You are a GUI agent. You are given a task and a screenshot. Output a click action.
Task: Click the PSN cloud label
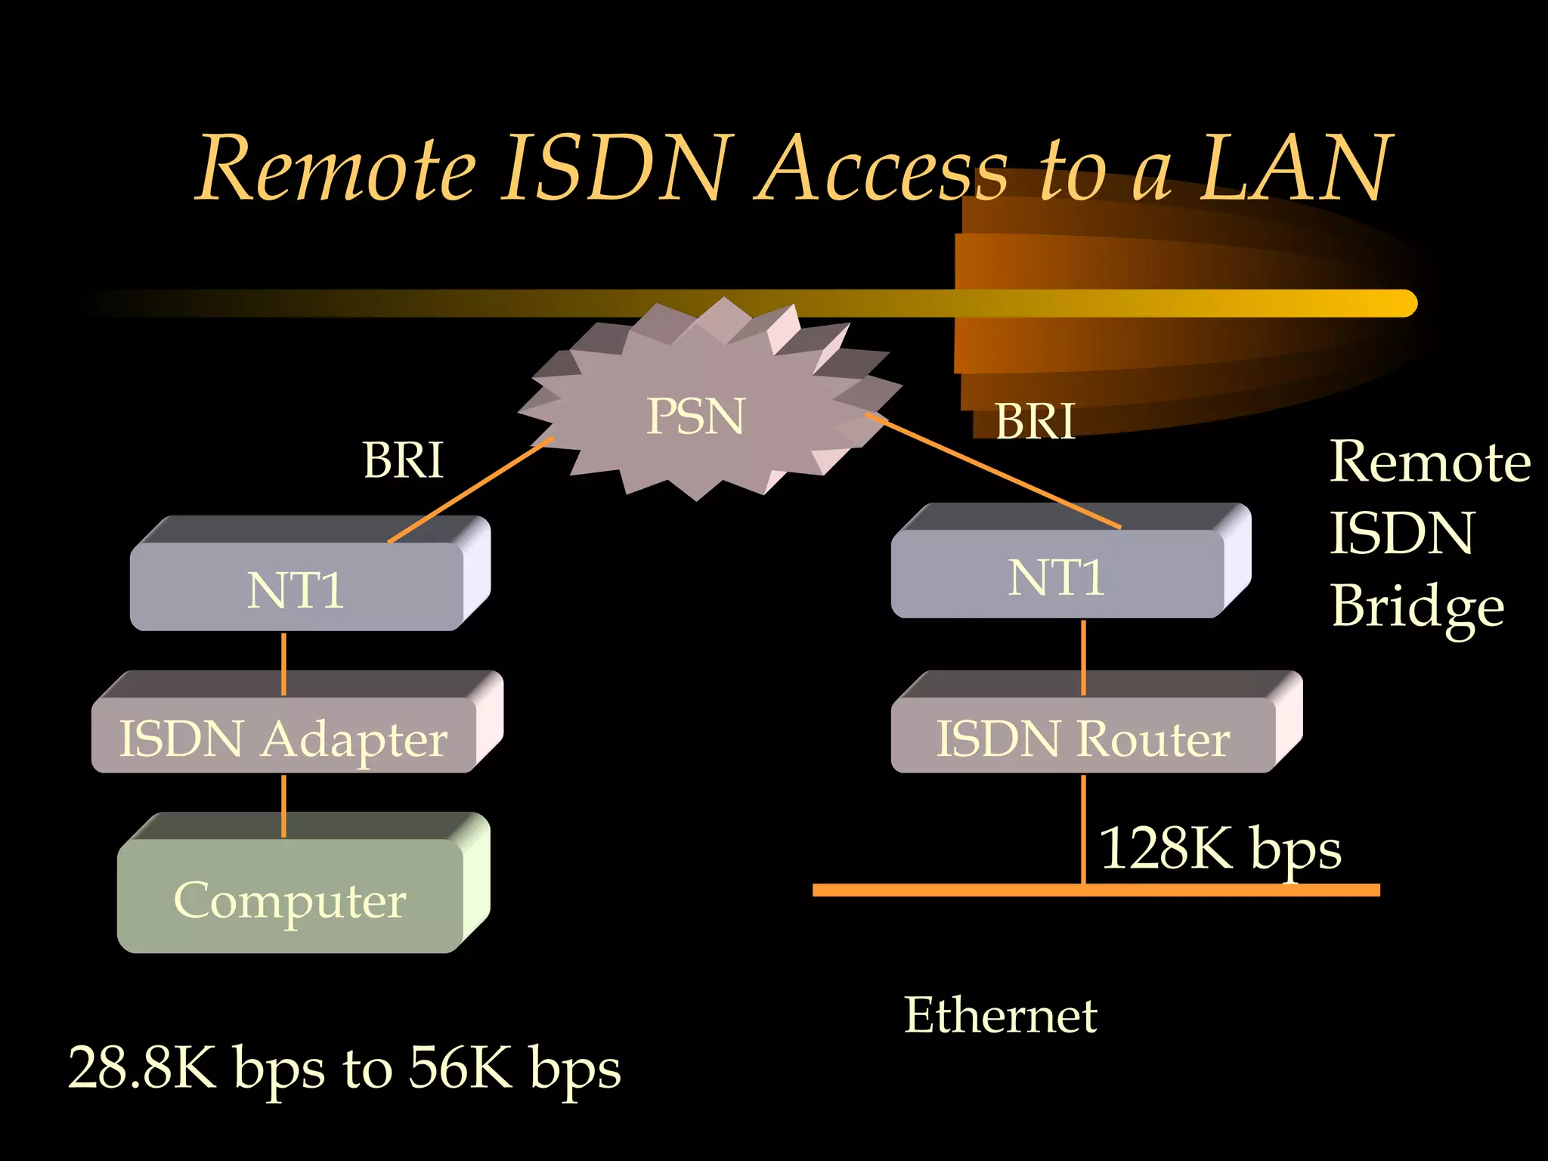(x=695, y=416)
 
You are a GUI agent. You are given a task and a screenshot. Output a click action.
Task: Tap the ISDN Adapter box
(x=283, y=737)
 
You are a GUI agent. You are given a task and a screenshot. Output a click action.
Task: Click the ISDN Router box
(x=1082, y=737)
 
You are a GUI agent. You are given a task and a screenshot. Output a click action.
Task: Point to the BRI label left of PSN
(x=403, y=460)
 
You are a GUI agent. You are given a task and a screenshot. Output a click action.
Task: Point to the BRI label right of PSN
(x=1035, y=420)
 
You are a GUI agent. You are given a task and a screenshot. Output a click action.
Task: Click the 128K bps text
(x=1219, y=848)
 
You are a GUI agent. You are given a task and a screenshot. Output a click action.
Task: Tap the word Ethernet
(x=1000, y=1014)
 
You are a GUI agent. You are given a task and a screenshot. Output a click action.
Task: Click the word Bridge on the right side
(x=1417, y=607)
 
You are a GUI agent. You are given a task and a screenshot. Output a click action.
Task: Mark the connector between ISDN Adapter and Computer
(x=283, y=806)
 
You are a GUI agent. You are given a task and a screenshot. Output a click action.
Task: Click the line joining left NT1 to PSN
(x=470, y=490)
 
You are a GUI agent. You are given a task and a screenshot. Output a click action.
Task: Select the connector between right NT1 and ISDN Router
(x=1083, y=657)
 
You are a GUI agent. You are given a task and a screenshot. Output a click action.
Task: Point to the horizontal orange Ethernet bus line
(x=945, y=890)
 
